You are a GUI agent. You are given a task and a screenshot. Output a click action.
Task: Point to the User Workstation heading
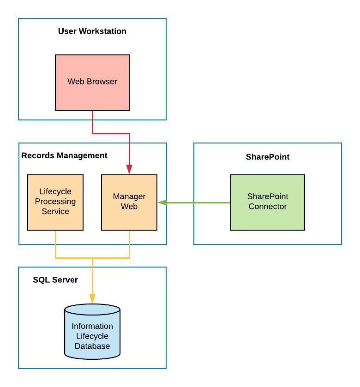coord(92,31)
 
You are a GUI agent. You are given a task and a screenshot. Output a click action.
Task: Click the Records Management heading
coord(64,156)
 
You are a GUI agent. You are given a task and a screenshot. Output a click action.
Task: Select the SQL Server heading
coord(55,280)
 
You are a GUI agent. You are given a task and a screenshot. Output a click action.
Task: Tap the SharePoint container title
coord(268,157)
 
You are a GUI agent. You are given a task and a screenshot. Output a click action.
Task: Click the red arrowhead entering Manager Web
coord(129,169)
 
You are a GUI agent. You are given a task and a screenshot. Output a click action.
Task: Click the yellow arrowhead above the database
coord(92,298)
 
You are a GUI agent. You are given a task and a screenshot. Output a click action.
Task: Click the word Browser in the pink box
coord(103,82)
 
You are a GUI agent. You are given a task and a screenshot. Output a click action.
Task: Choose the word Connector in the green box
coord(268,207)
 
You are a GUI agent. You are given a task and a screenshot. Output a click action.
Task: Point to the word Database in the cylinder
coord(92,346)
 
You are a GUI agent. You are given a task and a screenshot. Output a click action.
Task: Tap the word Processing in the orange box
coord(55,202)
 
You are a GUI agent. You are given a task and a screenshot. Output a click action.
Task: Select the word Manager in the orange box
coord(129,196)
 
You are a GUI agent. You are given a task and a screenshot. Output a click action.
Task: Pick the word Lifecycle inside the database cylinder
coord(92,336)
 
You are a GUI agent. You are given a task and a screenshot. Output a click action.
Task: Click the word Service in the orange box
coord(55,212)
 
